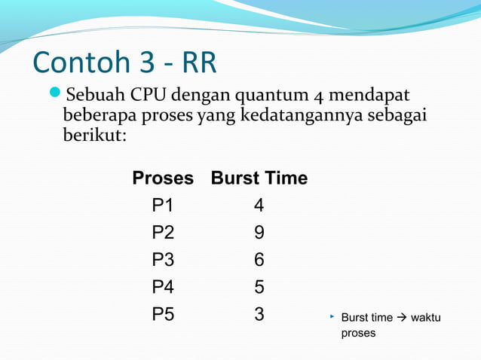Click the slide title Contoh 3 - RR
click(124, 64)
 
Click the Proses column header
click(163, 178)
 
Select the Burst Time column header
click(259, 178)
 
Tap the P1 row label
click(163, 206)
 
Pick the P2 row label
click(163, 233)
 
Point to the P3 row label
click(163, 260)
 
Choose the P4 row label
click(163, 287)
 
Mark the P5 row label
click(163, 314)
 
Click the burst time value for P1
click(259, 206)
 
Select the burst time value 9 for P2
click(259, 233)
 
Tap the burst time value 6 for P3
click(259, 260)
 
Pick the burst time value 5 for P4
click(259, 287)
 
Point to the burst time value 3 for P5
click(259, 314)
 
